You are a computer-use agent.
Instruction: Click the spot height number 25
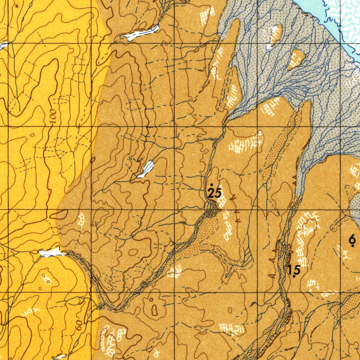click(214, 193)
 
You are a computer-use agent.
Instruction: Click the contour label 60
click(79, 325)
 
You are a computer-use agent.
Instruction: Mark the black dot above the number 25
click(211, 185)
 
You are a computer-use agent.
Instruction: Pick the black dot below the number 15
click(294, 277)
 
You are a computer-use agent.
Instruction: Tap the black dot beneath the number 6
click(353, 245)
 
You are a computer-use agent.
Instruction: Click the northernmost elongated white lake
click(141, 33)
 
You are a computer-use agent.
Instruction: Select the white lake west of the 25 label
click(146, 169)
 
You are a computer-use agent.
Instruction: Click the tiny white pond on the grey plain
click(269, 46)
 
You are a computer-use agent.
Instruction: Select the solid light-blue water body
click(316, 11)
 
